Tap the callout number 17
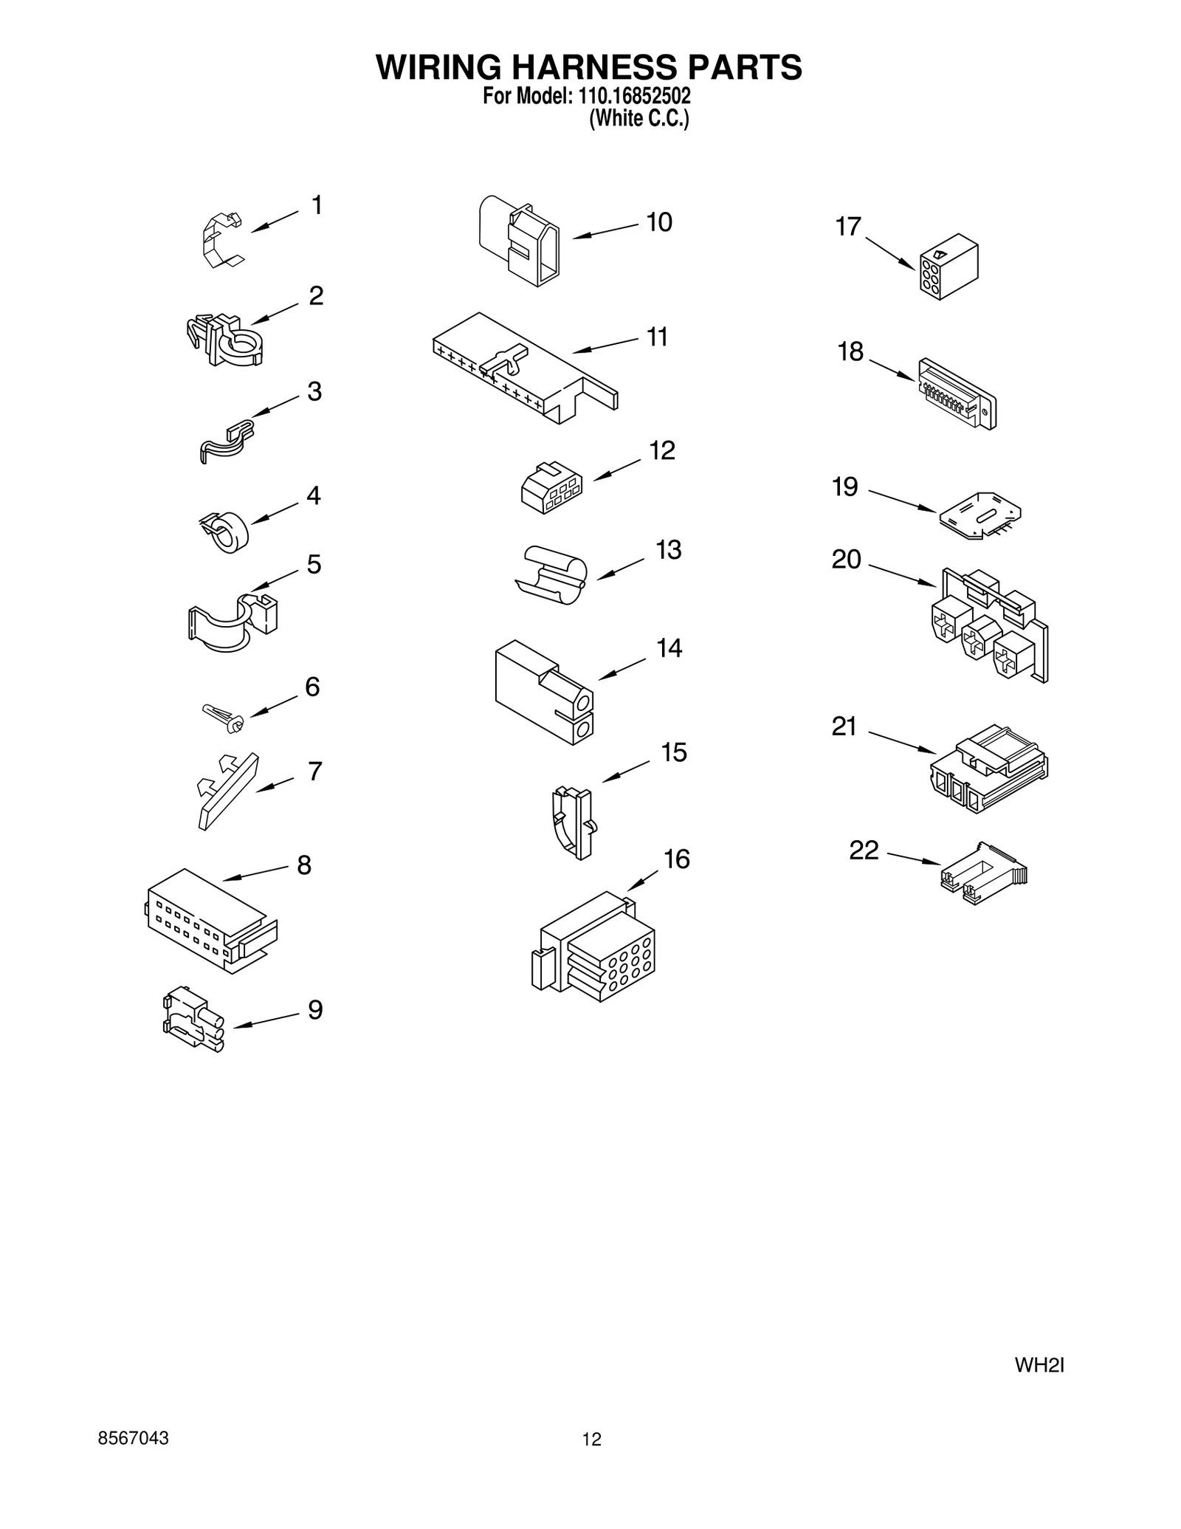click(848, 227)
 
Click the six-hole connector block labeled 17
click(948, 267)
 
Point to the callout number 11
click(657, 337)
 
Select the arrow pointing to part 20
click(902, 576)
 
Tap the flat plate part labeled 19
click(980, 515)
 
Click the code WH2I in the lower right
click(1039, 1365)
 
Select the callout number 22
click(864, 851)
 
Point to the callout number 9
click(315, 1009)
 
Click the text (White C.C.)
click(638, 119)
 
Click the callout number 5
click(314, 565)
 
